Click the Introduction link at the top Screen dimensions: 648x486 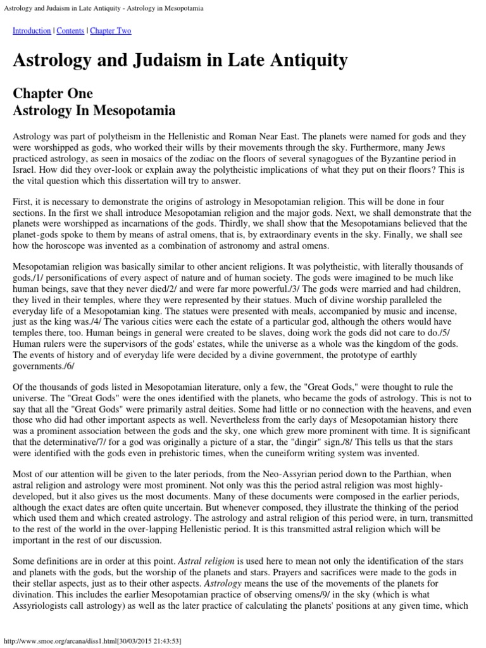(x=32, y=30)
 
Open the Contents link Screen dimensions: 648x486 (x=70, y=30)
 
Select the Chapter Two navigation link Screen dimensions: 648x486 (x=111, y=30)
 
